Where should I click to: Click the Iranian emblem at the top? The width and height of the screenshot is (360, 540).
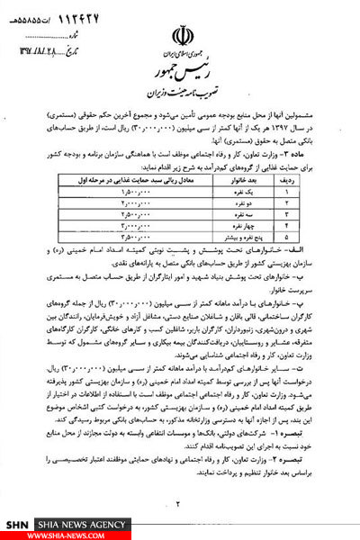[x=180, y=19]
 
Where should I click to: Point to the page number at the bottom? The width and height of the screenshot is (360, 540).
[x=180, y=504]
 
